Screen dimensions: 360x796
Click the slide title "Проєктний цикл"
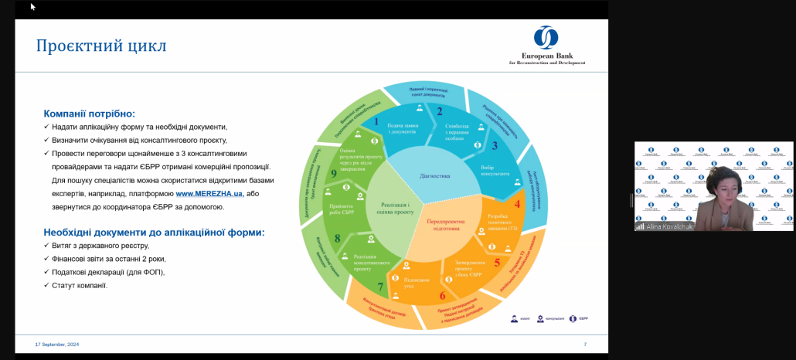101,46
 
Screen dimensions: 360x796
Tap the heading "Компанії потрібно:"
89,113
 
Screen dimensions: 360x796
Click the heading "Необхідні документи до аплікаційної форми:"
154,232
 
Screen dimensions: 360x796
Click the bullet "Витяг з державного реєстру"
103,246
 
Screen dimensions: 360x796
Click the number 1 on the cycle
376,121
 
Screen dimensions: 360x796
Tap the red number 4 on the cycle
517,204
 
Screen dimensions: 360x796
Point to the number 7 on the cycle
379,287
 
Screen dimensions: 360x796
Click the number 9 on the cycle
333,173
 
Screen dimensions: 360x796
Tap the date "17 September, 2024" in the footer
57,344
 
